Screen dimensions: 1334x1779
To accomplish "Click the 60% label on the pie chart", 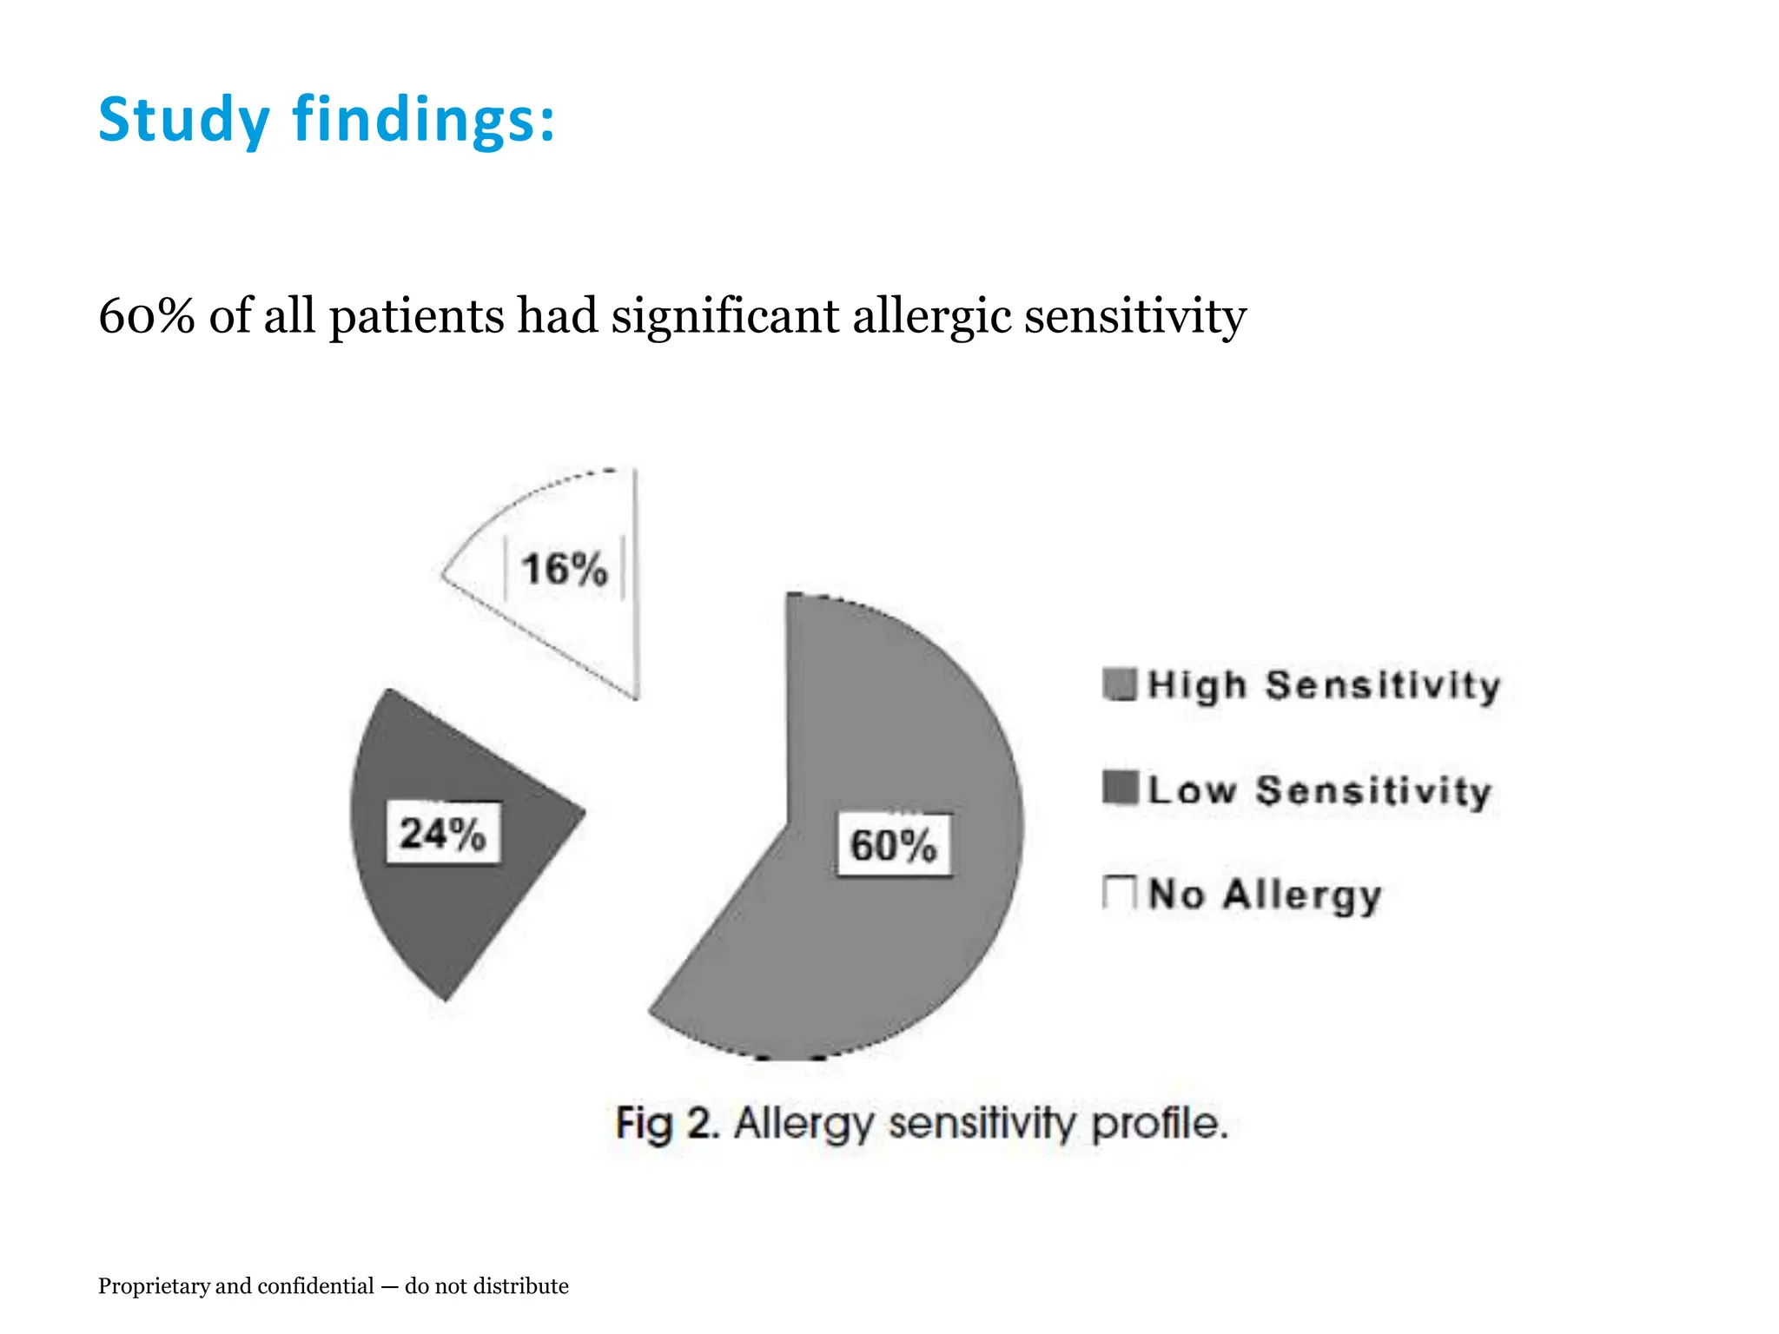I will tap(893, 845).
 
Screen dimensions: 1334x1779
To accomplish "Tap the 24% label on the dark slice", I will tap(443, 834).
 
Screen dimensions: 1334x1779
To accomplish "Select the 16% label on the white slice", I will tap(564, 570).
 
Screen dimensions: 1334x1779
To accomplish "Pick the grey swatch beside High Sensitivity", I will tap(1120, 684).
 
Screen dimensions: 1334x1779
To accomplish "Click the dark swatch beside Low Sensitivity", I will tap(1120, 789).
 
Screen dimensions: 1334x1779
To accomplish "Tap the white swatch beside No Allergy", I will tap(1120, 893).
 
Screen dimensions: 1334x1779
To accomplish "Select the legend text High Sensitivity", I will tap(1324, 686).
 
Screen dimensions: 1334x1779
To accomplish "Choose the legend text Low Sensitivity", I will tap(1319, 790).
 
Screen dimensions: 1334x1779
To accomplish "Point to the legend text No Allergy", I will tap(1265, 895).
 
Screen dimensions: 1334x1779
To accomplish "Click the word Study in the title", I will tap(184, 121).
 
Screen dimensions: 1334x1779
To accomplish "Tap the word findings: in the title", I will tap(424, 121).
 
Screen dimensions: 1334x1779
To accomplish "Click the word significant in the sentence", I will tap(725, 317).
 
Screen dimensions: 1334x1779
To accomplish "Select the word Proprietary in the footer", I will tap(149, 1286).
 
